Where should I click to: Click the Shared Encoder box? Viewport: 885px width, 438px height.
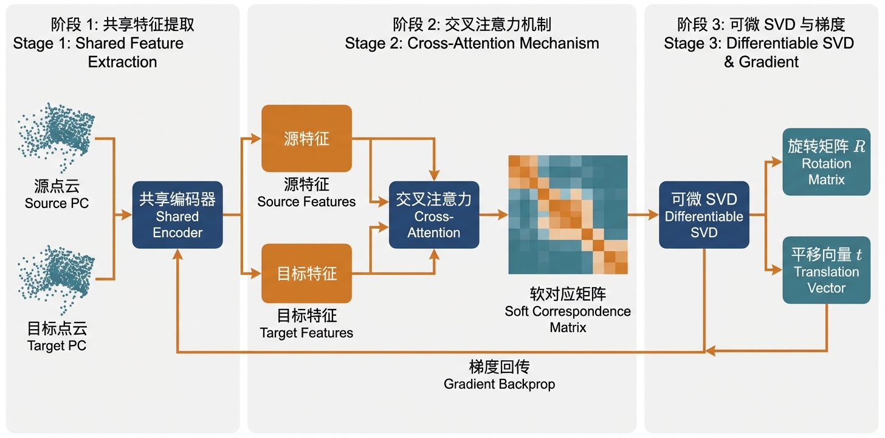point(177,215)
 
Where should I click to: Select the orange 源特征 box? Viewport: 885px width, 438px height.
point(306,138)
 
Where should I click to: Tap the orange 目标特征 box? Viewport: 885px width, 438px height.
point(306,273)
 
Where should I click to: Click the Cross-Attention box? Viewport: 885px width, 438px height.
point(433,215)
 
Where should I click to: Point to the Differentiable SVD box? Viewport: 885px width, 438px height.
point(704,215)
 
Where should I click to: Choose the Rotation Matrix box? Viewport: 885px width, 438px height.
point(826,162)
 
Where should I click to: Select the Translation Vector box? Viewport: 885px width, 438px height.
point(826,270)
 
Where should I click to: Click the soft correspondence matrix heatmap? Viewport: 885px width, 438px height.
point(568,215)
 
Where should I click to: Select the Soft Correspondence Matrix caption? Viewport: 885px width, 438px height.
point(568,311)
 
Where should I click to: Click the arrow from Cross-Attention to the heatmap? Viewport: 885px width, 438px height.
point(493,215)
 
